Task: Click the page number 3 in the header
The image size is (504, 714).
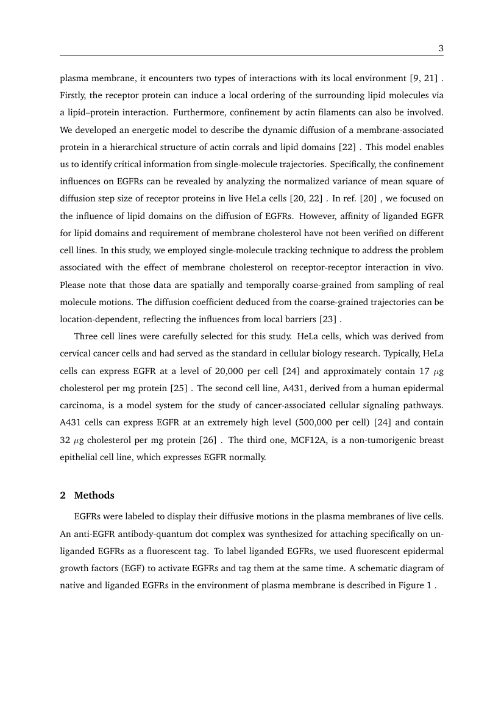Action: pyautogui.click(x=440, y=48)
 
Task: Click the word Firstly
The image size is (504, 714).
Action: pyautogui.click(x=73, y=96)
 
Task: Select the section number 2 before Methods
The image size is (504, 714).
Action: pyautogui.click(x=63, y=495)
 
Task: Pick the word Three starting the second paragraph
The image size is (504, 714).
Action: pyautogui.click(x=85, y=336)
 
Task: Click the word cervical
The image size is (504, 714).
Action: pyautogui.click(x=74, y=353)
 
